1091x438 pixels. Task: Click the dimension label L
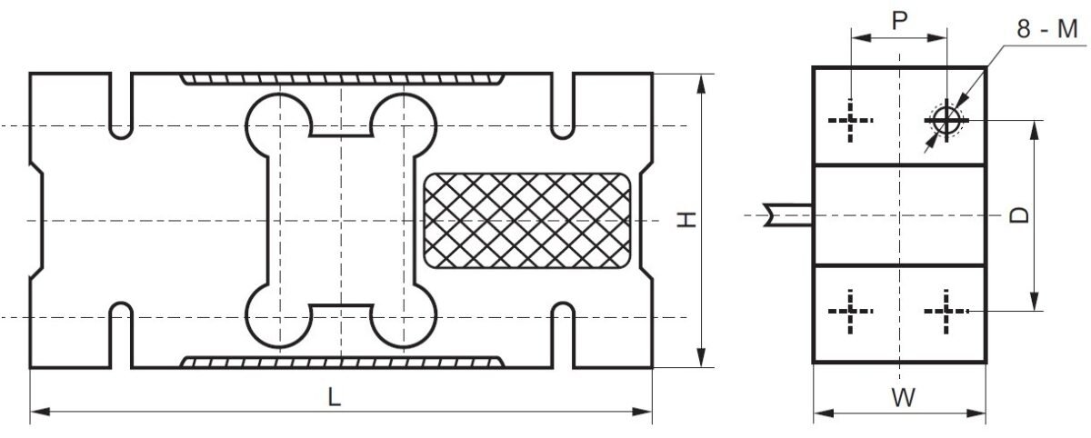(335, 397)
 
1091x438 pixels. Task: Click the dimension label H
(687, 219)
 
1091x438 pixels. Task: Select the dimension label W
(901, 397)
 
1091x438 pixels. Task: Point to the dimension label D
(1020, 215)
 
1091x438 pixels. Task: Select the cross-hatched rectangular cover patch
(526, 220)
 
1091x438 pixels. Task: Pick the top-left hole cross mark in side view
(850, 120)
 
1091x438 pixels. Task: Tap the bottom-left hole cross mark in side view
(850, 312)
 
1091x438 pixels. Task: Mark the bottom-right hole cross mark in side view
(946, 312)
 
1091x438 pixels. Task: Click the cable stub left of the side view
(787, 214)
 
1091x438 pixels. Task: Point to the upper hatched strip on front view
(341, 79)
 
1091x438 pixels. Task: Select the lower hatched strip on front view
(341, 362)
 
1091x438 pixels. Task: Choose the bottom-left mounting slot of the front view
(120, 336)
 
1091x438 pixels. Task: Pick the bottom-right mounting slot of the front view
(563, 336)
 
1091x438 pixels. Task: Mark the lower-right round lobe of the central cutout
(402, 318)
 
